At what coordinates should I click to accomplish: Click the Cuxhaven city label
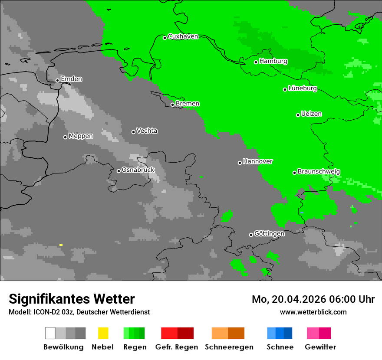[x=183, y=36]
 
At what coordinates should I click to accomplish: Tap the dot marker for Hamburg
[x=256, y=62]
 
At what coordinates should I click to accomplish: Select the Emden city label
[x=71, y=79]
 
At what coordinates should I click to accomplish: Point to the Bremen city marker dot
[x=172, y=105]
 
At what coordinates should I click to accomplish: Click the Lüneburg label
[x=303, y=88]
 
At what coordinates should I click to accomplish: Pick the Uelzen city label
[x=311, y=114]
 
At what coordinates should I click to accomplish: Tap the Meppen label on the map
[x=81, y=136]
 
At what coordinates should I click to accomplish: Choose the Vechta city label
[x=147, y=131]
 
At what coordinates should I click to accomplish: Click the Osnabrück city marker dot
[x=119, y=171]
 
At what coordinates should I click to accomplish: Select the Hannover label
[x=258, y=161]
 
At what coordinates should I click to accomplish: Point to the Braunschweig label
[x=319, y=172]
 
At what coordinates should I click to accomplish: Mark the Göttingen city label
[x=269, y=234]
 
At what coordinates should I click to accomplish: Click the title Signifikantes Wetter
[x=72, y=299]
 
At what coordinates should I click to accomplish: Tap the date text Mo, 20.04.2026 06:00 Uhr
[x=313, y=299]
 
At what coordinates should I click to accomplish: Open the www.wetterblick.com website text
[x=313, y=312]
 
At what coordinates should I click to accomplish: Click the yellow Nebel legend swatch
[x=103, y=333]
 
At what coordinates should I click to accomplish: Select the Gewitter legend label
[x=320, y=347]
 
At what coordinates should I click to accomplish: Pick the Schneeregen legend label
[x=229, y=347]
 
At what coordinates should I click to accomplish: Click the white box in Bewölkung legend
[x=50, y=333]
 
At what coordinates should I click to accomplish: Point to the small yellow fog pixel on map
[x=61, y=245]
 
